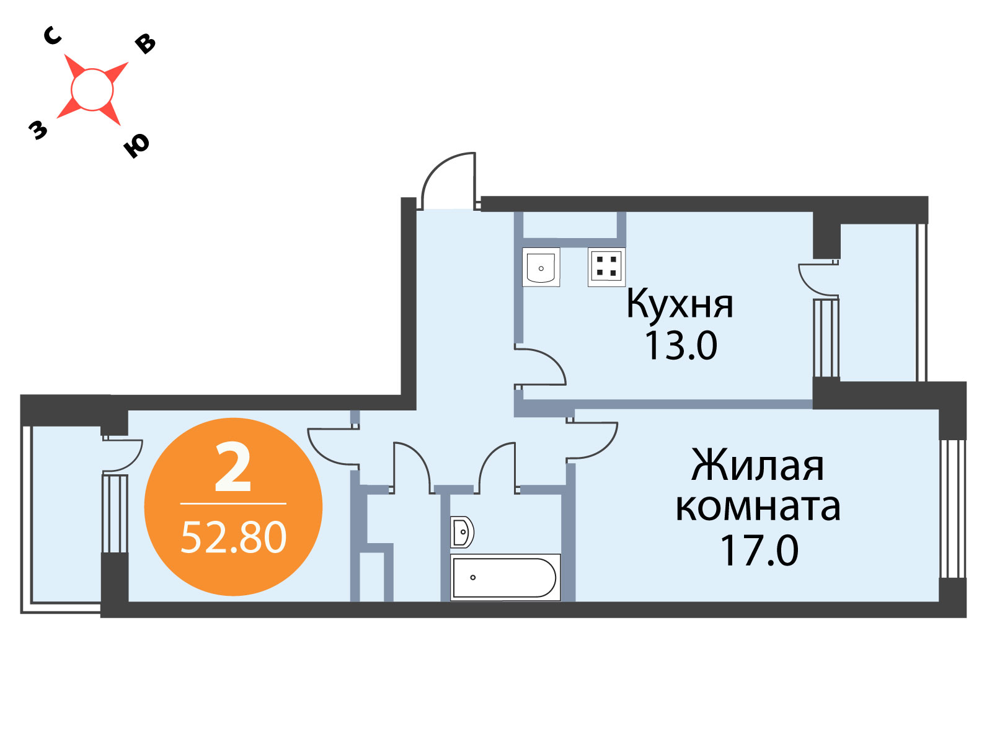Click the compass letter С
pyautogui.click(x=53, y=36)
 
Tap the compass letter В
pyautogui.click(x=146, y=44)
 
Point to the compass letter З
pyautogui.click(x=38, y=130)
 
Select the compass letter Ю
pyautogui.click(x=136, y=146)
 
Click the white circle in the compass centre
pyautogui.click(x=92, y=89)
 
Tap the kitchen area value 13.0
pyautogui.click(x=681, y=346)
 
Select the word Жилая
pyautogui.click(x=758, y=466)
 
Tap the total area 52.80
pyautogui.click(x=234, y=538)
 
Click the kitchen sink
pyautogui.click(x=541, y=267)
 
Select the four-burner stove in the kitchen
pyautogui.click(x=606, y=267)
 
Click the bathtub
pyautogui.click(x=505, y=577)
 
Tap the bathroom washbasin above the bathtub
pyautogui.click(x=462, y=532)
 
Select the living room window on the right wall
pyautogui.click(x=952, y=508)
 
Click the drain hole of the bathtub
pyautogui.click(x=472, y=577)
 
